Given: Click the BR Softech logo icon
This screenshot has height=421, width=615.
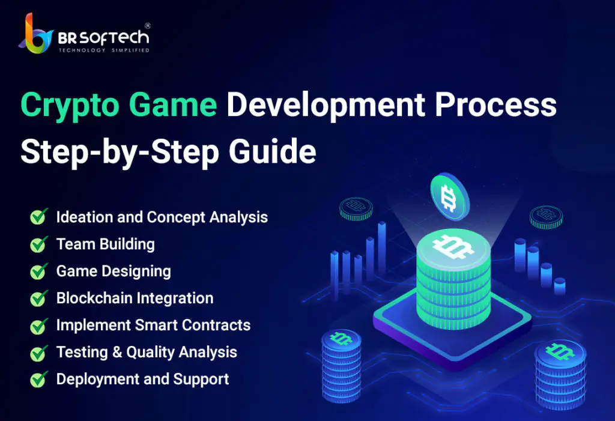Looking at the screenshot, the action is pyautogui.click(x=35, y=34).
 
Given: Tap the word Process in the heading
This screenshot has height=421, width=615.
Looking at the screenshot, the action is pyautogui.click(x=495, y=105).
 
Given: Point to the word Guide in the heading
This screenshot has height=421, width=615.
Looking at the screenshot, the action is pyautogui.click(x=272, y=151).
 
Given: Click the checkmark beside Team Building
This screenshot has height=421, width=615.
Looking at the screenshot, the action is pyautogui.click(x=39, y=244).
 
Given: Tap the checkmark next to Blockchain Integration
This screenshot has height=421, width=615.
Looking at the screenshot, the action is pyautogui.click(x=39, y=298).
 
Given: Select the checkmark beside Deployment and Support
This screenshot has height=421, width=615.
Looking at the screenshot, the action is pyautogui.click(x=39, y=380).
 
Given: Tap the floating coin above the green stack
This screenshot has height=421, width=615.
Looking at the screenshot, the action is pyautogui.click(x=449, y=196).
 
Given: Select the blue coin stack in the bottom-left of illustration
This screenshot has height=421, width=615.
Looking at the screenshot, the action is pyautogui.click(x=341, y=366).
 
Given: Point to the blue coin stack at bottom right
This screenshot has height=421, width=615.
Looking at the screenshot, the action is pyautogui.click(x=560, y=375).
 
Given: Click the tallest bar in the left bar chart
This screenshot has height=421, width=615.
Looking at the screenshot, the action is pyautogui.click(x=381, y=247).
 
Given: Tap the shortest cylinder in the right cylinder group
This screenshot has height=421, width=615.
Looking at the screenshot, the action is pyautogui.click(x=560, y=286).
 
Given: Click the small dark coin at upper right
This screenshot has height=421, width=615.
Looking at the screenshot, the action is pyautogui.click(x=546, y=217).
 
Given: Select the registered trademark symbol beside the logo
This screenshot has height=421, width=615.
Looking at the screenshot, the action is pyautogui.click(x=148, y=26).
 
